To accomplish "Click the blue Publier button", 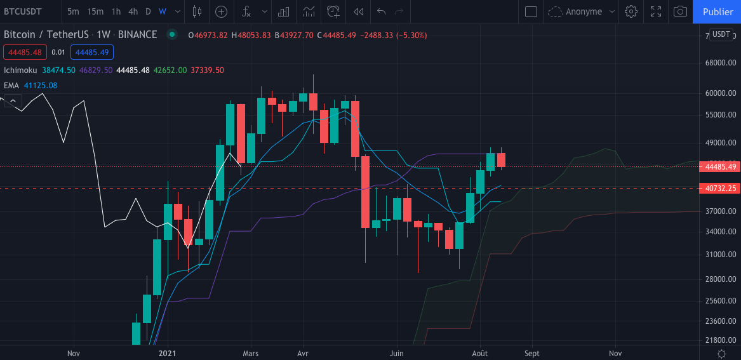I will coord(718,11).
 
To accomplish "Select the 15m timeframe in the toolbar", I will coord(95,11).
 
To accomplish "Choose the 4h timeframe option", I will coord(133,11).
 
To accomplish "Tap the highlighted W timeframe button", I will coord(163,11).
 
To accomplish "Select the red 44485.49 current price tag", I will coord(720,167).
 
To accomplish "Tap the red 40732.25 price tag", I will coord(720,189).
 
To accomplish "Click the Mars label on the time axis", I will coord(251,353).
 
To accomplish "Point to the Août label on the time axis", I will coord(480,353).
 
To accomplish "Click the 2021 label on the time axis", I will coord(167,353).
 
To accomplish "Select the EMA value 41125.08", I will coord(40,85).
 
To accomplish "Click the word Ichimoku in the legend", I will coord(21,70).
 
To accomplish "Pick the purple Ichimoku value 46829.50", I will coord(96,70).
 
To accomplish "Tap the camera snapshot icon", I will coord(680,11).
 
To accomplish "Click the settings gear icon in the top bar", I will coord(631,11).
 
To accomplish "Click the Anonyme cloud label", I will coord(583,11).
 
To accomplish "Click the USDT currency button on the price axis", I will coord(721,34).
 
